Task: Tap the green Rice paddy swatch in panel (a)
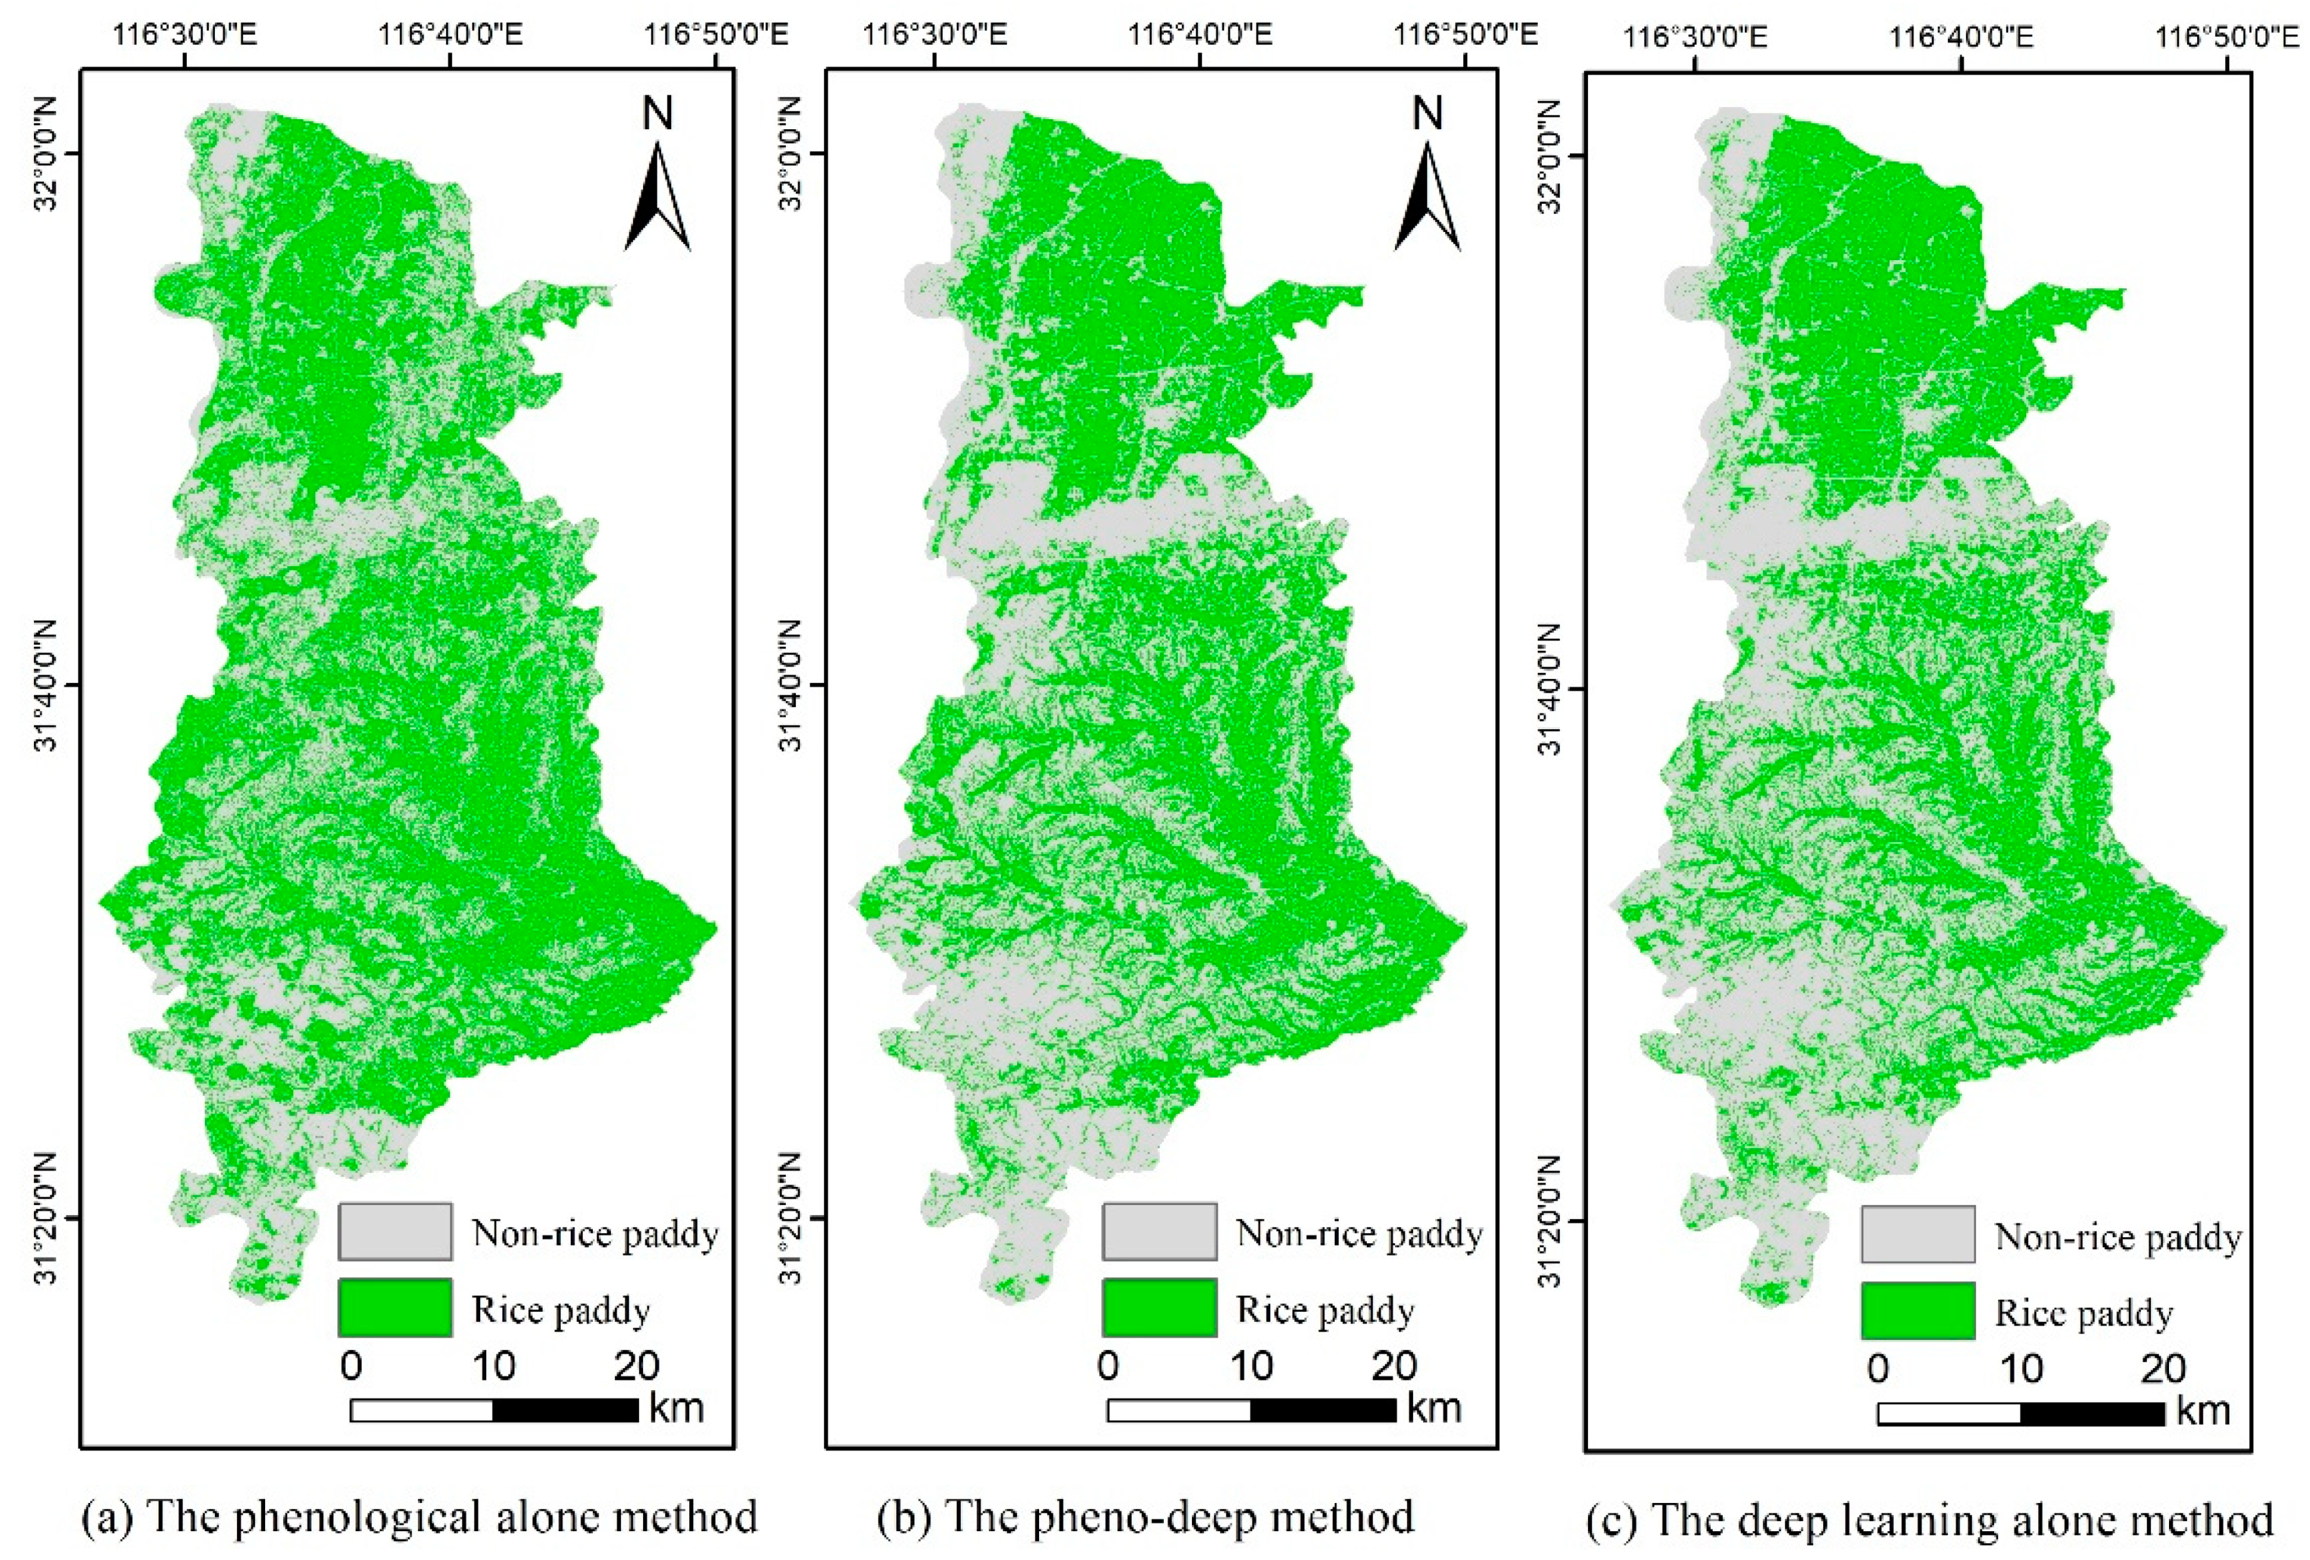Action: (395, 1307)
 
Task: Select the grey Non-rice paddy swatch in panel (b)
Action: (1159, 1231)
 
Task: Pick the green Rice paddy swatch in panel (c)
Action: (1918, 1310)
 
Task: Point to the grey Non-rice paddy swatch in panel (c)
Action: (1918, 1235)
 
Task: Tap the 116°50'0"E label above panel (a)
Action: (716, 36)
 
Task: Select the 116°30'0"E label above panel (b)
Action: (935, 36)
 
